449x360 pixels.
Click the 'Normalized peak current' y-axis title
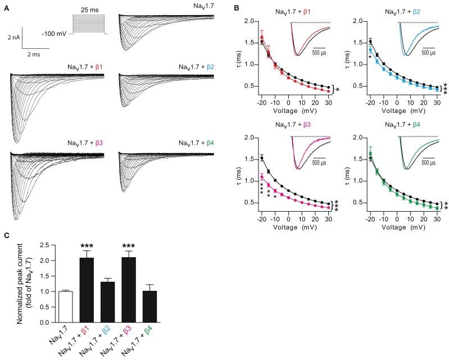click(29, 284)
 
